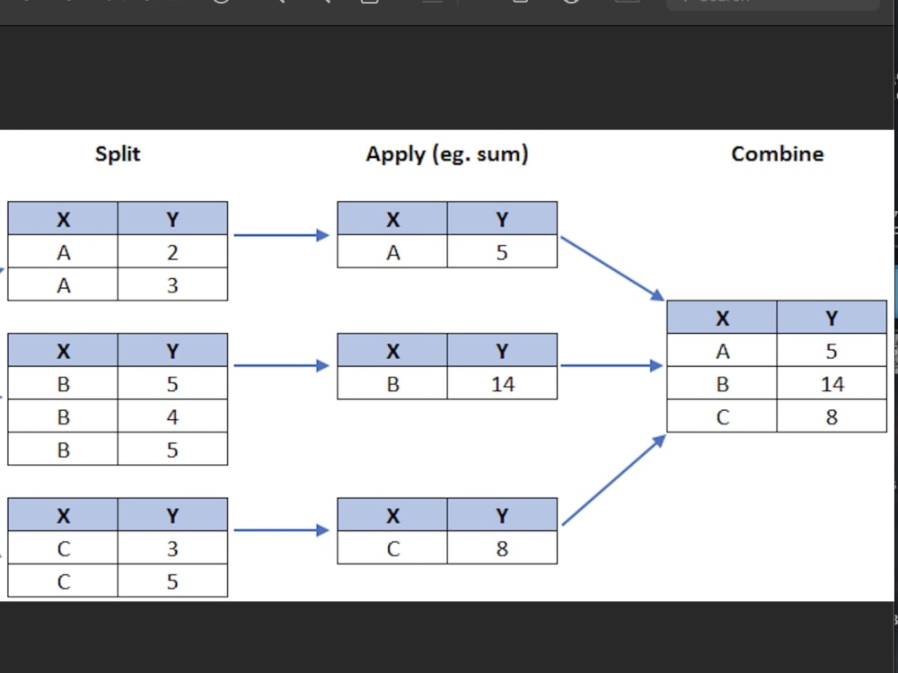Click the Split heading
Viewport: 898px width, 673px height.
click(118, 153)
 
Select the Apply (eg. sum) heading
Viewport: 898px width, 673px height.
click(446, 154)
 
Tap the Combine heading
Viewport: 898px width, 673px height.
click(777, 153)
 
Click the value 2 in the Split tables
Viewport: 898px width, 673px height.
click(172, 252)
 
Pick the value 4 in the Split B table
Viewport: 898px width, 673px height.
click(172, 416)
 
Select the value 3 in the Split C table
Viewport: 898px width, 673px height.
click(172, 548)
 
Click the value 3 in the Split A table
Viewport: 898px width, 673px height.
click(172, 285)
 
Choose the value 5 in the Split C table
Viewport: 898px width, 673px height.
click(172, 581)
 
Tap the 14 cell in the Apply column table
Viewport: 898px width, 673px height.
click(502, 384)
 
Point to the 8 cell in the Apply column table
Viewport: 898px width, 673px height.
click(502, 548)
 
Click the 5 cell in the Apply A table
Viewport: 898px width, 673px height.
click(502, 252)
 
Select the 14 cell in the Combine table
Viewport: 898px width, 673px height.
click(832, 384)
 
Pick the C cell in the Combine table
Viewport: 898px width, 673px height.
click(722, 416)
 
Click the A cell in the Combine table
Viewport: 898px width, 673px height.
click(722, 352)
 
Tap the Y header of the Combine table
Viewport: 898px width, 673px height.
click(832, 318)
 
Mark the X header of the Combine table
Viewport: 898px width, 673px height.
click(722, 318)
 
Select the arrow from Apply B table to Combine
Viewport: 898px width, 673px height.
click(611, 366)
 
